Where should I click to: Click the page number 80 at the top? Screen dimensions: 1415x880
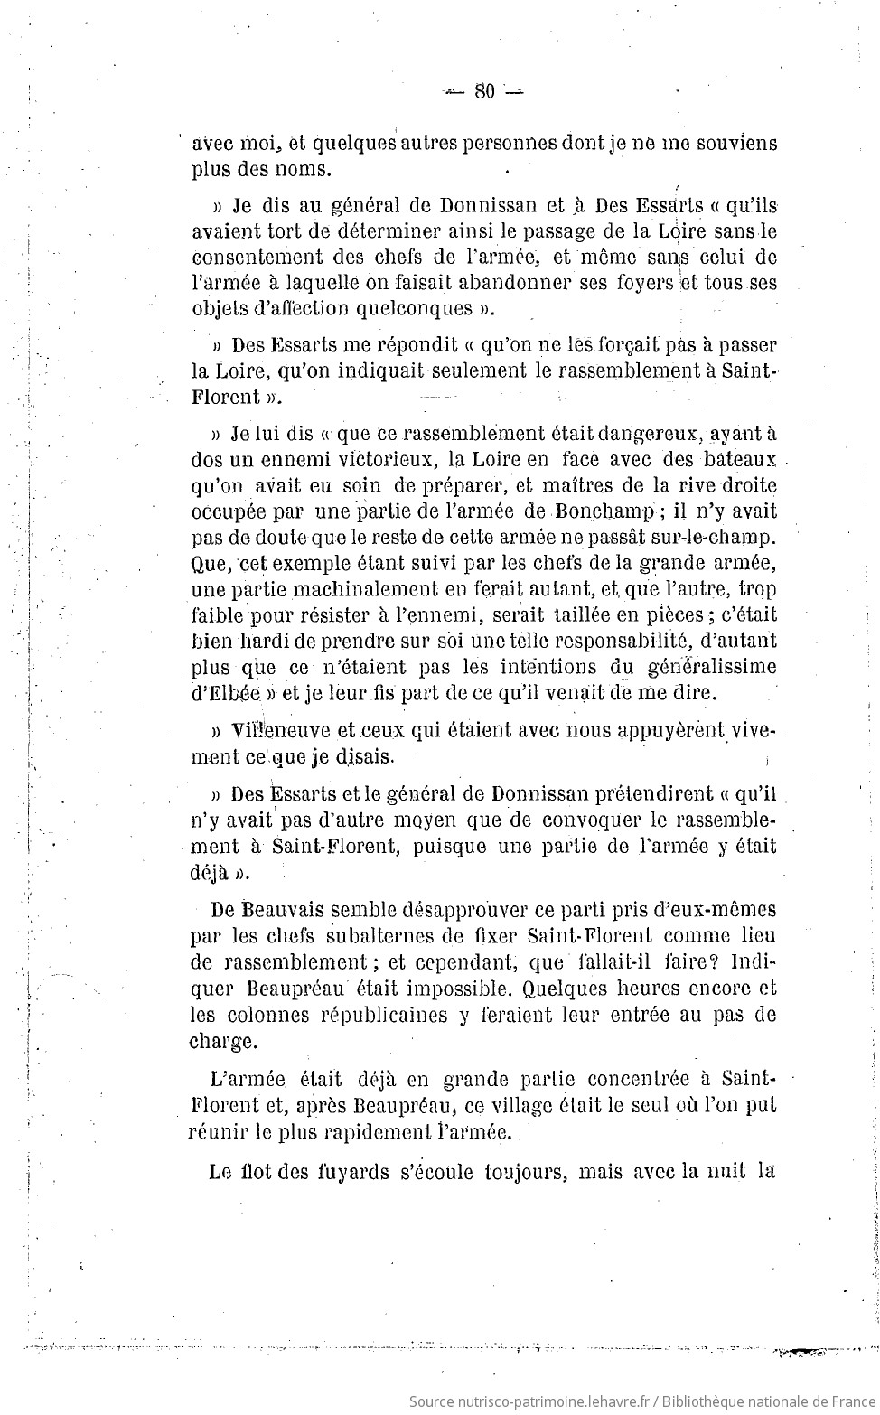pyautogui.click(x=484, y=90)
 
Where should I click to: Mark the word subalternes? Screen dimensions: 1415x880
pyautogui.click(x=337, y=936)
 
